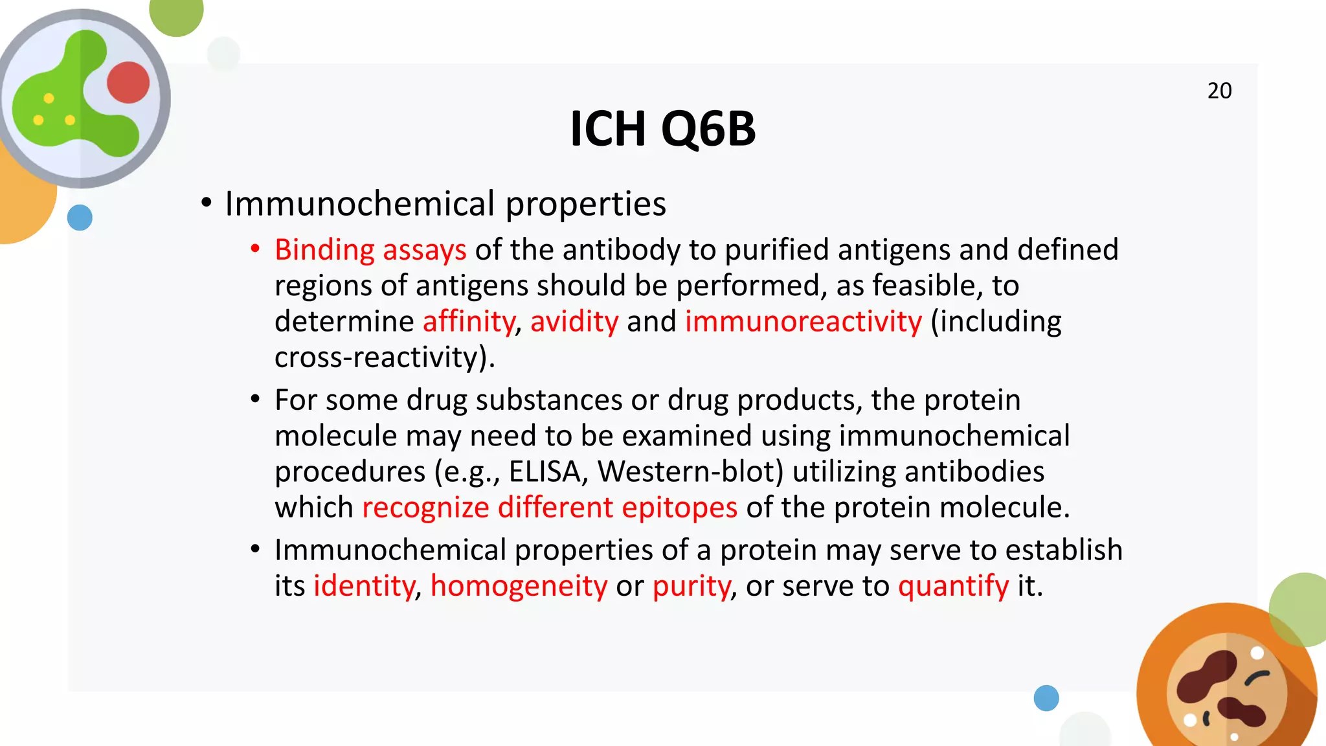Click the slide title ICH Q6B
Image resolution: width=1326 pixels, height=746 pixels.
[x=662, y=128]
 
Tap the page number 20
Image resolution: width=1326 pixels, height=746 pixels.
[x=1219, y=91]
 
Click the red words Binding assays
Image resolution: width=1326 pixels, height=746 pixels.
[x=370, y=250]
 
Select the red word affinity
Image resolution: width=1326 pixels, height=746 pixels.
[x=469, y=322]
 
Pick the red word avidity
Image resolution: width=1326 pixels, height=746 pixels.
[x=574, y=322]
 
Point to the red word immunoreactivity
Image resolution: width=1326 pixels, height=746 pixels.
[x=803, y=322]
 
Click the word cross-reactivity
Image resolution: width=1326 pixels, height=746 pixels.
[x=382, y=357]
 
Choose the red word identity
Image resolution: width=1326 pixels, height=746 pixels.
[x=364, y=586]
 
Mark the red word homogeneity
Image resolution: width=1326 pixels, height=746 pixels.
[x=519, y=586]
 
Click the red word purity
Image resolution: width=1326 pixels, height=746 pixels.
[x=691, y=586]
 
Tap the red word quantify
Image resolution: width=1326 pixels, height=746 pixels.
[x=953, y=586]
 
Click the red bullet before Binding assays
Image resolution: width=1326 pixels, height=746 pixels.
[x=255, y=249]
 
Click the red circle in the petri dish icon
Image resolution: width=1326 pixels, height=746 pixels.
[x=128, y=82]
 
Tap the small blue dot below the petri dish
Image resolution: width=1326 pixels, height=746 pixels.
[x=80, y=218]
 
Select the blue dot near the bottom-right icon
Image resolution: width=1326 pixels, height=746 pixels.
[x=1046, y=698]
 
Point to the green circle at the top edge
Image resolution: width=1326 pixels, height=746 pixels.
[x=176, y=13]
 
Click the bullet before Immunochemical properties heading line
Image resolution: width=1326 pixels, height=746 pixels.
[x=206, y=203]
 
